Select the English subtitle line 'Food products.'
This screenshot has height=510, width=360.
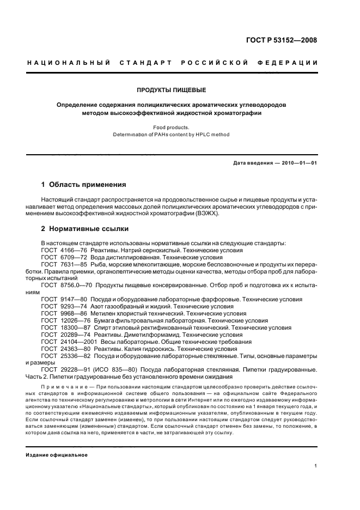171,127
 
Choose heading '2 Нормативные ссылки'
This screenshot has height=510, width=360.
83,229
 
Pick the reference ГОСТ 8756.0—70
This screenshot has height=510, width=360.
63,285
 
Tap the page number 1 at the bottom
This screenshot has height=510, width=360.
316,465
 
